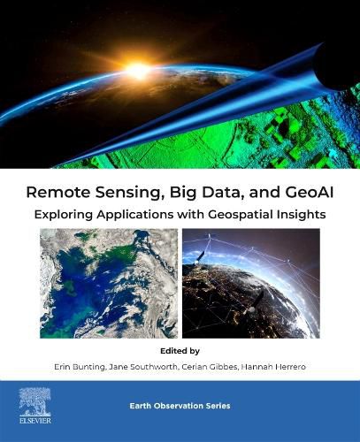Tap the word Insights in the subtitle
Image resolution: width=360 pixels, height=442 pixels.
[x=303, y=213]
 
